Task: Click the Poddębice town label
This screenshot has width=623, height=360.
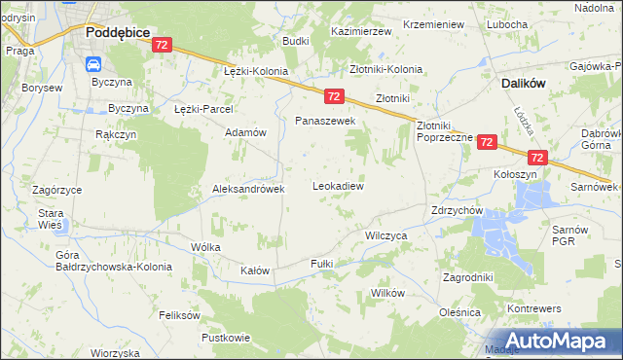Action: coord(117,32)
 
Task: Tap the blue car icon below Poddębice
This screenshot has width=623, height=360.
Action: coord(94,64)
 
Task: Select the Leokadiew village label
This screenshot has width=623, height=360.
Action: coord(338,185)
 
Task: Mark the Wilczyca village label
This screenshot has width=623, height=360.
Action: coord(385,235)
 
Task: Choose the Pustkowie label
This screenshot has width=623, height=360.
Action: coord(226,338)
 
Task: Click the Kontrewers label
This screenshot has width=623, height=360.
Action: coord(534,307)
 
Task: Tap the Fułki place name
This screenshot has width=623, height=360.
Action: coord(321,264)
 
